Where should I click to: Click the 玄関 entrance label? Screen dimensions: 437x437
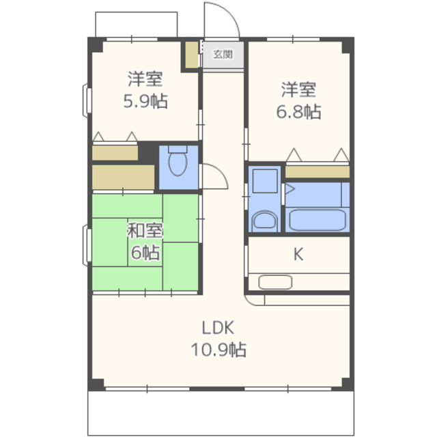(x=223, y=55)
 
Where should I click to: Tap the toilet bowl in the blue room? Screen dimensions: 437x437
(x=178, y=162)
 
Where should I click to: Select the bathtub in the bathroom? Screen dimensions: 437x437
(x=318, y=220)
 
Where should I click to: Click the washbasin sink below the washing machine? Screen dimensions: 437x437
(x=264, y=221)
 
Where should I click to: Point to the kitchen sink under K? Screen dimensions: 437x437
(x=275, y=282)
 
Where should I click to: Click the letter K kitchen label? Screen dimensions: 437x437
(x=298, y=254)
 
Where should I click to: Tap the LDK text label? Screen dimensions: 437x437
(x=218, y=328)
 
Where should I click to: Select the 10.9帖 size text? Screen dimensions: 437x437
(x=218, y=350)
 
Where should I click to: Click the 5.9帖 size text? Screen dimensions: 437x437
(x=145, y=101)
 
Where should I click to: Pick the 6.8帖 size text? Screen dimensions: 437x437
(x=298, y=111)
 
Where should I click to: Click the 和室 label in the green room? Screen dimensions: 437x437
(x=145, y=231)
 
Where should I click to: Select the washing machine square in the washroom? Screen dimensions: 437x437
(x=265, y=181)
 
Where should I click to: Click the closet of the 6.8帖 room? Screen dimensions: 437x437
(x=318, y=171)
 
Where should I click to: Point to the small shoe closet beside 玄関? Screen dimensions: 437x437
(x=192, y=55)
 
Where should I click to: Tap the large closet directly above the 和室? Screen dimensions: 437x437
(x=123, y=177)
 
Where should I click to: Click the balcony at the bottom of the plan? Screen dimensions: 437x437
(x=221, y=413)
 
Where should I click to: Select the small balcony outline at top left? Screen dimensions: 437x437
(x=137, y=25)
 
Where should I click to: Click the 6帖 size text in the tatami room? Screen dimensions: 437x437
(x=145, y=253)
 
